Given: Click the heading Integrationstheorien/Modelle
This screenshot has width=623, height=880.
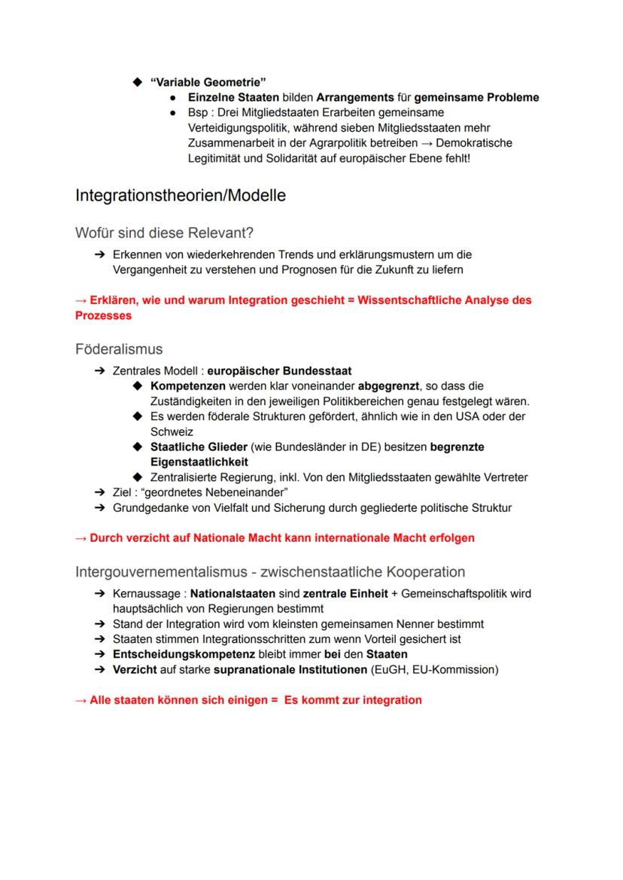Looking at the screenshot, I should coord(181,196).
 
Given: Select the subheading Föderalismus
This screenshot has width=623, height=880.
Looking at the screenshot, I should coord(119,349).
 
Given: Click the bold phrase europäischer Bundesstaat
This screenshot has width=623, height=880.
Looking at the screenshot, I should coord(279,371).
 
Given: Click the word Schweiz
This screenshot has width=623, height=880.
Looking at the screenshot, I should coord(172,431).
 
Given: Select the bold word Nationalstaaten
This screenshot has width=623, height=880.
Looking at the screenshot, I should coord(233,594).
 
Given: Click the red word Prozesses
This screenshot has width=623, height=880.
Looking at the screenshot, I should coord(103,315).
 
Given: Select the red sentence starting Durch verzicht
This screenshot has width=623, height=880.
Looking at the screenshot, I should coord(275,538).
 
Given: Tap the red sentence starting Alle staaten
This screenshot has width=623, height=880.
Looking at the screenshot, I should coord(248,700).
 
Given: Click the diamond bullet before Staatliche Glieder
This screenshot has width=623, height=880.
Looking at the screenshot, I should coord(137,446).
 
